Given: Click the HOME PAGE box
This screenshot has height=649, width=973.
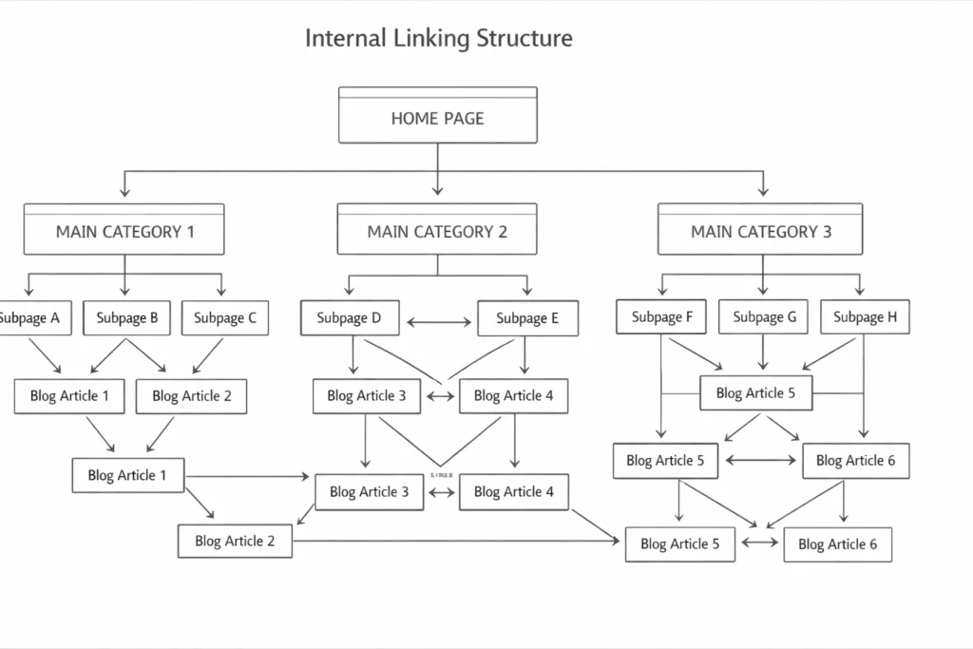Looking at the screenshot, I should coord(438,118).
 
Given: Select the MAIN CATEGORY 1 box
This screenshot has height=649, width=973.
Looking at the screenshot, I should coord(124,231).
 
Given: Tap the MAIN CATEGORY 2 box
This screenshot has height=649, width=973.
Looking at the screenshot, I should coord(437,231).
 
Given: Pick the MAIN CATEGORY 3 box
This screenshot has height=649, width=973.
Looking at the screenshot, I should coord(760,231).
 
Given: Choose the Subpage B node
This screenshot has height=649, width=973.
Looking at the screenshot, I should coord(127,318).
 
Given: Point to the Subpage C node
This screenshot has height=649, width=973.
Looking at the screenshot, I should coord(225,318).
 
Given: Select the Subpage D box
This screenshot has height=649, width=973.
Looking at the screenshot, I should coord(350,318).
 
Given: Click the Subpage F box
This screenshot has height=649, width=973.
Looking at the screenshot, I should coord(661,317).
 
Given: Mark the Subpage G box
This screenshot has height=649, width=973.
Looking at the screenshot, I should coord(764,317).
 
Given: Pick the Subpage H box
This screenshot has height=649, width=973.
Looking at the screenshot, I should coord(865,317).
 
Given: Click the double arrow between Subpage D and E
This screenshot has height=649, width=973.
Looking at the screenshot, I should coord(439,323).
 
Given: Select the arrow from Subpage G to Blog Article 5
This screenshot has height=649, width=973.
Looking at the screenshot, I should coord(763,354).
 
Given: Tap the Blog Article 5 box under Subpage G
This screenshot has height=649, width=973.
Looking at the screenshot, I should coord(756,392).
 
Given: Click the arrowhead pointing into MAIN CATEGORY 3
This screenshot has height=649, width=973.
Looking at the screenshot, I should coord(763,193).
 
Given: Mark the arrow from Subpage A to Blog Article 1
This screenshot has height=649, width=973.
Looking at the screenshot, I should coord(46,355).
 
